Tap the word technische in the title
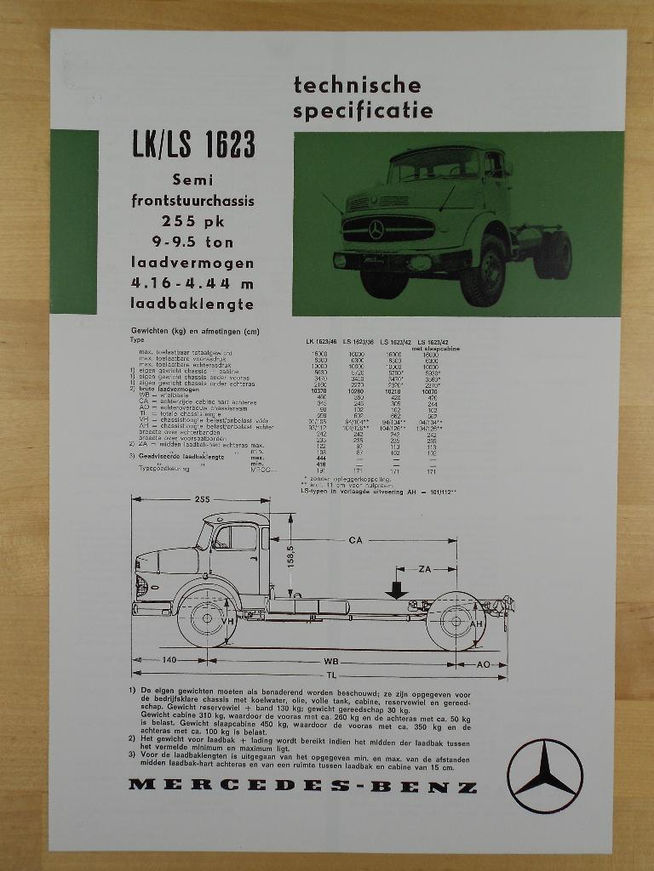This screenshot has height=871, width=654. (x=357, y=85)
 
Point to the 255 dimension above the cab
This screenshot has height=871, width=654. (x=202, y=500)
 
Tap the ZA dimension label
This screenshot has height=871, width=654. (x=429, y=568)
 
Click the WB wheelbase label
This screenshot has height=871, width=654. (x=331, y=660)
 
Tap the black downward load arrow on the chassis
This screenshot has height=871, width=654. (x=396, y=589)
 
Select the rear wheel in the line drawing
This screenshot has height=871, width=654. (x=455, y=622)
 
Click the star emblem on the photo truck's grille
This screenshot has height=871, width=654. (x=376, y=228)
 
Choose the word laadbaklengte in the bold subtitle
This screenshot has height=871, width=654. (x=192, y=302)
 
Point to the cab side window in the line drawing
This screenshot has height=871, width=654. (x=235, y=538)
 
